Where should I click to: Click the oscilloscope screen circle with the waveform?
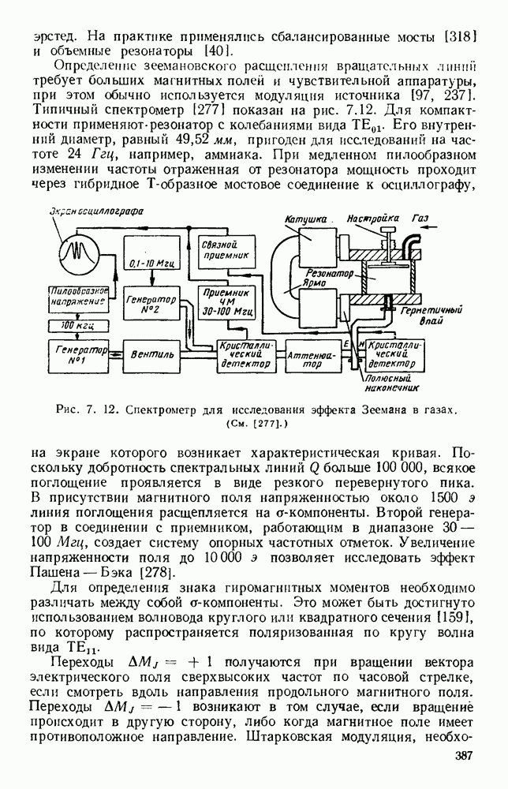click(x=78, y=252)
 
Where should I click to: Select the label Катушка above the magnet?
click(x=309, y=217)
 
